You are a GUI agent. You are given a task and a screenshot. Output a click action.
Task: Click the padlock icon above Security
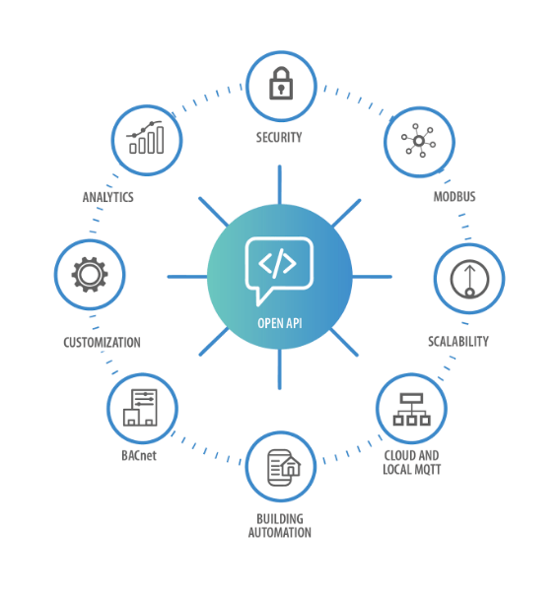pyautogui.click(x=281, y=84)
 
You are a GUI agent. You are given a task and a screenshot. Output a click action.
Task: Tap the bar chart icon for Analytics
pyautogui.click(x=146, y=138)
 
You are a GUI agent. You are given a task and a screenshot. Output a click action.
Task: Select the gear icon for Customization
pyautogui.click(x=90, y=275)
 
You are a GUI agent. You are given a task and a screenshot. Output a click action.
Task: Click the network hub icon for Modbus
pyautogui.click(x=419, y=141)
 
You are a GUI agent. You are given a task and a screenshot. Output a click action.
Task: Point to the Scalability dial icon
pyautogui.click(x=469, y=279)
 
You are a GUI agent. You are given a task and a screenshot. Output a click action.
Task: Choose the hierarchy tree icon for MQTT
pyautogui.click(x=411, y=409)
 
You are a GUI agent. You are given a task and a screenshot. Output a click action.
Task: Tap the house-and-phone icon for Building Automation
pyautogui.click(x=284, y=468)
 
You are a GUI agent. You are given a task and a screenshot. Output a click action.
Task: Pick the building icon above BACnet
pyautogui.click(x=140, y=408)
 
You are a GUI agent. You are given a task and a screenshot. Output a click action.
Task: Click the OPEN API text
pyautogui.click(x=280, y=323)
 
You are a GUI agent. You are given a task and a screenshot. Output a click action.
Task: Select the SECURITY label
pyautogui.click(x=279, y=137)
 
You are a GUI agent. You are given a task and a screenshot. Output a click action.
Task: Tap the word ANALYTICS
pyautogui.click(x=108, y=197)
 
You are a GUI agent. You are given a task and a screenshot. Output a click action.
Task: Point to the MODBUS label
pyautogui.click(x=455, y=197)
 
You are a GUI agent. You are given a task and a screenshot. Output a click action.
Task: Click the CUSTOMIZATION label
pyautogui.click(x=102, y=343)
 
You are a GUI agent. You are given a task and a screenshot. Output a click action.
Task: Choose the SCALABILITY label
pyautogui.click(x=458, y=341)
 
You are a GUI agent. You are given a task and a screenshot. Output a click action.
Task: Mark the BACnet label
pyautogui.click(x=139, y=455)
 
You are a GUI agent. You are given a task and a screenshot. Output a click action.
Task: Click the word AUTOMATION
pyautogui.click(x=280, y=533)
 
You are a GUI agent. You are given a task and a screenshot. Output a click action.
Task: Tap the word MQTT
pyautogui.click(x=427, y=470)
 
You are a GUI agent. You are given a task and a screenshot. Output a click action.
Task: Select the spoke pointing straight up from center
pyautogui.click(x=279, y=185)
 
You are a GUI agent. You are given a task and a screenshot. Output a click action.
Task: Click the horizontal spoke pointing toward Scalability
pyautogui.click(x=372, y=277)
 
